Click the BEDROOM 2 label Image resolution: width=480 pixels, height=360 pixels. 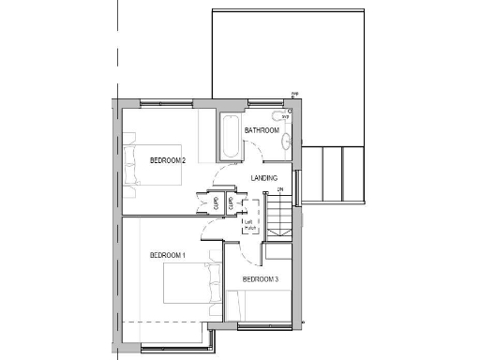tap(168, 160)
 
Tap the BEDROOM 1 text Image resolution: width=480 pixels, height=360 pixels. tap(168, 255)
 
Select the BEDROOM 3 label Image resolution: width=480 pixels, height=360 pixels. tap(261, 279)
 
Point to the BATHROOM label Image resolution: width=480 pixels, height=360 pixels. tap(262, 130)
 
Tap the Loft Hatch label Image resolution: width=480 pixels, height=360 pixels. tap(248, 225)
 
